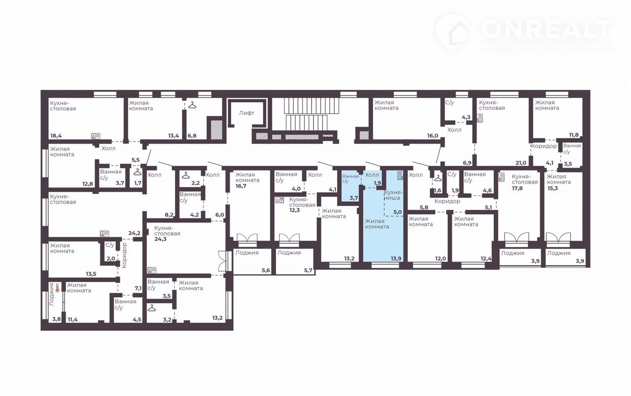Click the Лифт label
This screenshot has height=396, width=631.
tap(246, 113)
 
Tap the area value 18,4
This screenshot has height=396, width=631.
tap(56, 136)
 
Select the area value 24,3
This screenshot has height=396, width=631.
tap(160, 239)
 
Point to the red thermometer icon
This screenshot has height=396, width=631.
tap(58, 288)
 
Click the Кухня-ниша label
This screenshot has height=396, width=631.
tap(392, 195)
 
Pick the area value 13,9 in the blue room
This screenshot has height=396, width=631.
tap(396, 258)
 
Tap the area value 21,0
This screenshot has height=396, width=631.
tap(521, 163)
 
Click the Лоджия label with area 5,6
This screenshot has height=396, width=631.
tap(247, 252)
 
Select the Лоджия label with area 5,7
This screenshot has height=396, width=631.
tap(289, 252)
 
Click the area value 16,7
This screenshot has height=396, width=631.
tap(241, 186)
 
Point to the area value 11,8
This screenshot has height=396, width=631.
tap(574, 135)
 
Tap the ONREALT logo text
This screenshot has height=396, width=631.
tap(547, 29)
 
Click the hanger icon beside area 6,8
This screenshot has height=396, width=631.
tap(192, 105)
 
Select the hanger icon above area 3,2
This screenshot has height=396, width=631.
tap(152, 308)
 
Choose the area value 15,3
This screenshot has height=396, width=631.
tap(553, 188)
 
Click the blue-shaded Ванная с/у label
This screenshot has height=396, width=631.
tap(351, 179)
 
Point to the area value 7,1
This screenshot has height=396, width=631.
tap(138, 288)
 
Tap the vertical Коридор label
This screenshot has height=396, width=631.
tap(125, 255)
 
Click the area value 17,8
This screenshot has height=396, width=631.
tap(518, 188)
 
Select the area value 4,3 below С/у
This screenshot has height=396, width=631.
tap(466, 117)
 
